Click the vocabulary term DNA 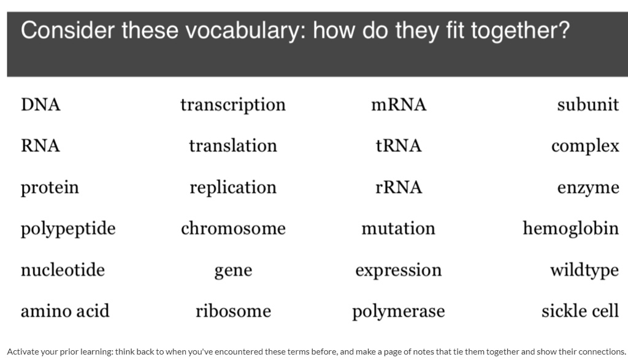(x=40, y=105)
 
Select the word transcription (x=233, y=105)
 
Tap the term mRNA (x=399, y=105)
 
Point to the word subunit (x=588, y=105)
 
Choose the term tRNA (x=399, y=146)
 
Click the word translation (x=233, y=146)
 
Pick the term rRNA (x=399, y=187)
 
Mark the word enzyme (x=588, y=188)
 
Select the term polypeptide (x=68, y=229)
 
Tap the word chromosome (x=233, y=229)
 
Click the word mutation (x=399, y=229)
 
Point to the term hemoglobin (x=570, y=229)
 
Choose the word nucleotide (x=63, y=270)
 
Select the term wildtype (x=584, y=270)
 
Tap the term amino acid (x=65, y=311)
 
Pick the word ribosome (x=233, y=311)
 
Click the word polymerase (x=399, y=312)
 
